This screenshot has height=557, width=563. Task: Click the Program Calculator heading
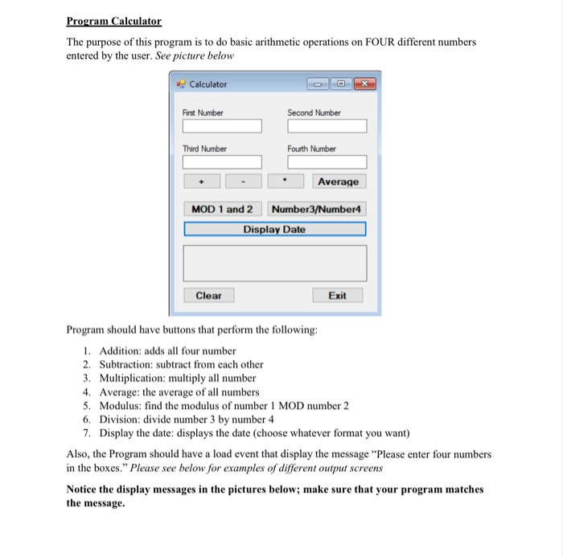click(x=113, y=21)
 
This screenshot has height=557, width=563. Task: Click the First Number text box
click(x=222, y=127)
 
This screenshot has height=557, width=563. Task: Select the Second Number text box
click(x=327, y=127)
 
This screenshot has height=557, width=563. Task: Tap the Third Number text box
click(x=222, y=162)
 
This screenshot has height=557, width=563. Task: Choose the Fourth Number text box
click(x=327, y=162)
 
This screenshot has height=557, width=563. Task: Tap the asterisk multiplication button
click(x=286, y=182)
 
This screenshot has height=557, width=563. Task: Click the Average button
click(x=338, y=182)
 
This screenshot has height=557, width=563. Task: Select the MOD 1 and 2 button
click(x=222, y=209)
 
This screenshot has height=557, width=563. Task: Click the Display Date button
click(x=274, y=229)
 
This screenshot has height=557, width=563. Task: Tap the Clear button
click(x=208, y=295)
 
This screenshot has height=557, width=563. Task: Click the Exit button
click(x=338, y=295)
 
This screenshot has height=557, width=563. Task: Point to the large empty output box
click(x=274, y=262)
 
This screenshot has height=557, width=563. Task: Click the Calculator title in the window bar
click(x=208, y=84)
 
